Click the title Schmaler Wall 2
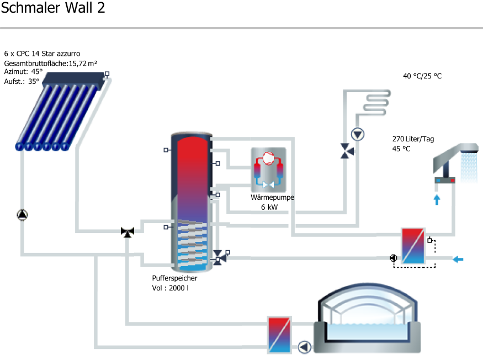(52, 9)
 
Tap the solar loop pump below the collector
(22, 214)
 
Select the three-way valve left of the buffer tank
(128, 232)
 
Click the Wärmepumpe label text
(272, 197)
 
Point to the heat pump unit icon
(268, 169)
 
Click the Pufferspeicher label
(174, 278)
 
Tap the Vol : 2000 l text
(170, 288)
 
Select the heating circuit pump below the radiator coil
(358, 134)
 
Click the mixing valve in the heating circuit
(347, 151)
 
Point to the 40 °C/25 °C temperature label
(422, 76)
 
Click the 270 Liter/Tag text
(413, 139)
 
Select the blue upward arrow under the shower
(437, 199)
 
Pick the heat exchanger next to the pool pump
(280, 335)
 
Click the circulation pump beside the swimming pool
(305, 347)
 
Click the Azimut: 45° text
(23, 72)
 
